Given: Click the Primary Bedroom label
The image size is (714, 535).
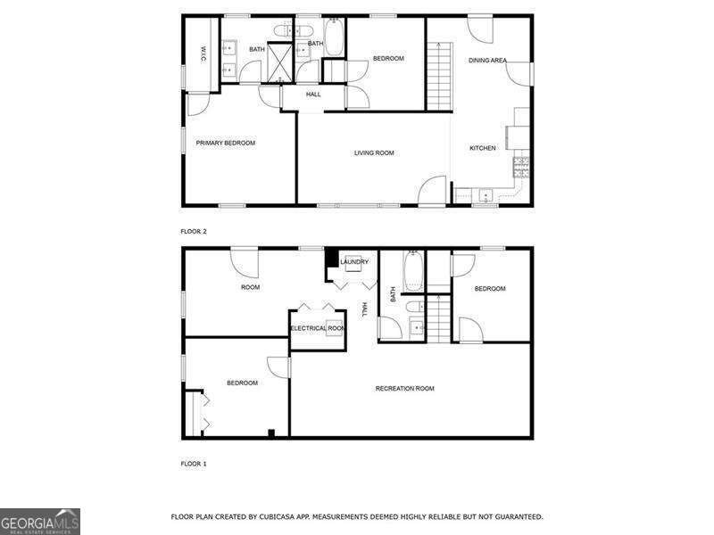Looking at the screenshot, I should click(x=226, y=143).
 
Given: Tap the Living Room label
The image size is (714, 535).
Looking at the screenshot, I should click(x=374, y=152).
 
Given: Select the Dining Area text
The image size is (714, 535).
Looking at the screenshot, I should click(x=487, y=60).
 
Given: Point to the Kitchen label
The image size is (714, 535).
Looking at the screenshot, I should click(x=483, y=148).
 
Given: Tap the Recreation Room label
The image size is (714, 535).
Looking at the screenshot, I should click(x=404, y=388).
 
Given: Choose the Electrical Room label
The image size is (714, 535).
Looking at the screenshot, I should click(x=318, y=328).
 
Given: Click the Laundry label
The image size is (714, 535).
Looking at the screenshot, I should click(x=354, y=261).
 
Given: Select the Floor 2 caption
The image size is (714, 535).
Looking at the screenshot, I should click(x=194, y=231).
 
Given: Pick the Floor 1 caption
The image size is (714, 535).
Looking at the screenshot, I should click(x=194, y=464).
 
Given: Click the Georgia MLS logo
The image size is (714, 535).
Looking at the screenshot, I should click(x=40, y=521).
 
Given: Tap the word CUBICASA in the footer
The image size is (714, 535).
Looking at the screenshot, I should click(x=267, y=516).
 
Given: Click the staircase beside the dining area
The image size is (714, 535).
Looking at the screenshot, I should click(x=439, y=76).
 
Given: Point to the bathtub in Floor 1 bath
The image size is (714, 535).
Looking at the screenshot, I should click(x=413, y=271).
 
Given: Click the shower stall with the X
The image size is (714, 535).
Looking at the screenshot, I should click(x=282, y=62).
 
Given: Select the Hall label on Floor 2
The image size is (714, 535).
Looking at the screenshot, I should click(x=312, y=94).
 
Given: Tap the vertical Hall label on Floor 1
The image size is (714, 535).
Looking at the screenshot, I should click(x=364, y=309).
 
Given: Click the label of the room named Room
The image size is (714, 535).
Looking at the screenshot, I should click(x=251, y=287).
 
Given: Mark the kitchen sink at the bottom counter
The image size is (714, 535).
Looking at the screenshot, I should click(x=484, y=194).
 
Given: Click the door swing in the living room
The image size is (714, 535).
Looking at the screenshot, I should click(x=434, y=190).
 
